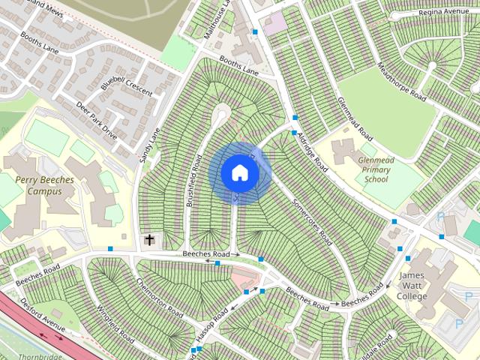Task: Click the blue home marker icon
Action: pyautogui.click(x=240, y=172)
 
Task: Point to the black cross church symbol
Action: pyautogui.click(x=149, y=240)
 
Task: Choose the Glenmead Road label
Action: pyautogui.click(x=355, y=119)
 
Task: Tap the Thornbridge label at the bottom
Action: pyautogui.click(x=38, y=355)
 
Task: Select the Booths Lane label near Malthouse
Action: pyautogui.click(x=238, y=65)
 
